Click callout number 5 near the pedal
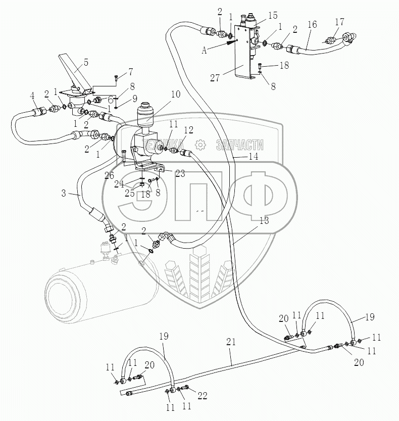pyautogui.click(x=86, y=62)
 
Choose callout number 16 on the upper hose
pyautogui.click(x=312, y=24)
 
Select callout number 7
pyautogui.click(x=130, y=71)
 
